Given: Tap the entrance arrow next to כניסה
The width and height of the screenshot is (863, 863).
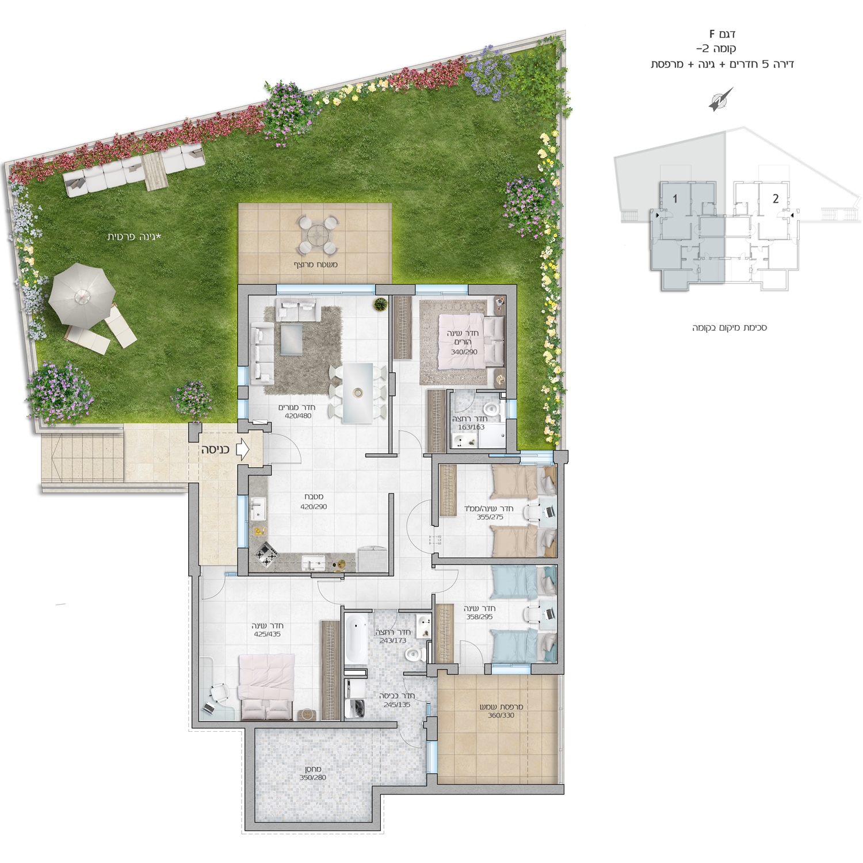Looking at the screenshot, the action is coord(242,449).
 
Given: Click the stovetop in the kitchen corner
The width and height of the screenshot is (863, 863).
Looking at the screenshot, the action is coord(265,553).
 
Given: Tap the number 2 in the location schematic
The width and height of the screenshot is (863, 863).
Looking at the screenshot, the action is coord(776,198).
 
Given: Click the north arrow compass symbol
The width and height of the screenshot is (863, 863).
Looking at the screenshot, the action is coord(721,99).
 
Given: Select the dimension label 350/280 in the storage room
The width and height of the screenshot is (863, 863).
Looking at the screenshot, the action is coord(313,777).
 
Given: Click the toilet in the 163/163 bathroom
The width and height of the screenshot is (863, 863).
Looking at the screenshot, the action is coord(491,410).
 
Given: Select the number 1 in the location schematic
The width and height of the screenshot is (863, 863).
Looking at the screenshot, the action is coord(675,198).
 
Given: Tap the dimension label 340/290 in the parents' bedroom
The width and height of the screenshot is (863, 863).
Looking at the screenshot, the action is coord(464,352).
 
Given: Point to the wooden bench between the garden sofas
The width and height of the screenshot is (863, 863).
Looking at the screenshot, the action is coord(154,171).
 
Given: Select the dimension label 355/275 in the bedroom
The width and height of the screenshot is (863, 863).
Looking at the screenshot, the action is coord(490,517).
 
